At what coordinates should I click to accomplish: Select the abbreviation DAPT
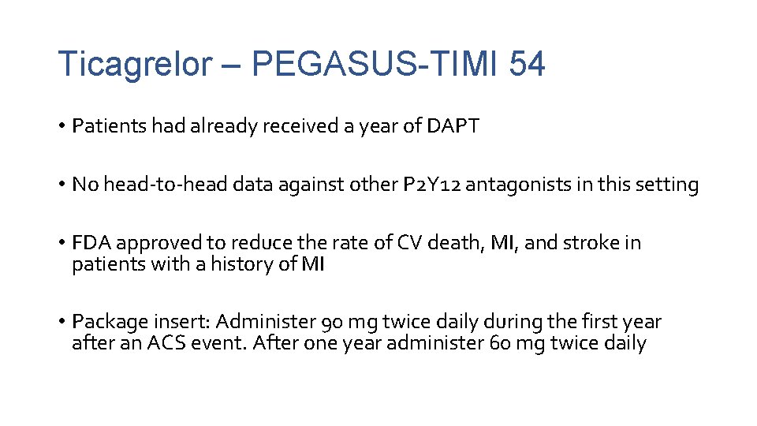tap(451, 126)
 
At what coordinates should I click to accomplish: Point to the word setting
tap(662, 185)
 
